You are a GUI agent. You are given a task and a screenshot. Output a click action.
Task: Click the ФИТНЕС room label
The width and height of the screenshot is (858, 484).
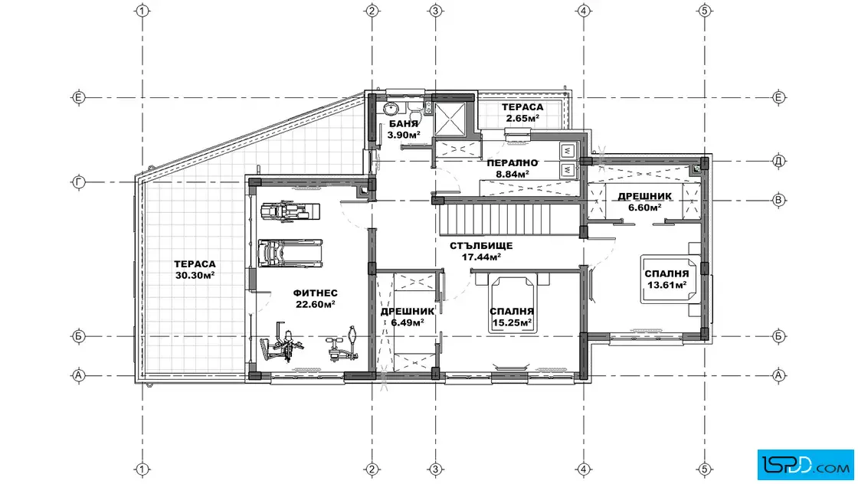click(315, 293)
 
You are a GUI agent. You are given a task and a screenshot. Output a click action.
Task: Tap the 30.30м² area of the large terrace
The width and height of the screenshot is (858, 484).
click(195, 276)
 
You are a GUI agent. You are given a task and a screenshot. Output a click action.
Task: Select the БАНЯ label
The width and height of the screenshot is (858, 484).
click(404, 123)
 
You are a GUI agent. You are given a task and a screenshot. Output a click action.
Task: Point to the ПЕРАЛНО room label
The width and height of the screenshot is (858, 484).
click(513, 163)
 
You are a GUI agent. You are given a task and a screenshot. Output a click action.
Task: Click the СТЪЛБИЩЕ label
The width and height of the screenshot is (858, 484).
click(481, 246)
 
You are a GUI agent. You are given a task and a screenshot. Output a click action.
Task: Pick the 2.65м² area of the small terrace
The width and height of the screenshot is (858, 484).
click(522, 119)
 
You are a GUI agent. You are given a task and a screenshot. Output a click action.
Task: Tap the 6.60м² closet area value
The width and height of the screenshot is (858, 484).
click(644, 208)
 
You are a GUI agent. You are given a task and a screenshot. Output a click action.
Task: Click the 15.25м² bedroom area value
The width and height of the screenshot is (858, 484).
click(513, 322)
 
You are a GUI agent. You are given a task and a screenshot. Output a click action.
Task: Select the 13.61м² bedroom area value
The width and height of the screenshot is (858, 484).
click(666, 285)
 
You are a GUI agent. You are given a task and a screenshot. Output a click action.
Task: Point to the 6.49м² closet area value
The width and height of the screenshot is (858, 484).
click(407, 322)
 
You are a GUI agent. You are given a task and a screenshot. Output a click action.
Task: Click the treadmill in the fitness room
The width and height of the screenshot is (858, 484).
click(290, 253)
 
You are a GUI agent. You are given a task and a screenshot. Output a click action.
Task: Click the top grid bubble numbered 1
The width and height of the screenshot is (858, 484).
click(142, 11)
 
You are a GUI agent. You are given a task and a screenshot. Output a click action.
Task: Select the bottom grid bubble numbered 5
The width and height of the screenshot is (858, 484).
click(705, 469)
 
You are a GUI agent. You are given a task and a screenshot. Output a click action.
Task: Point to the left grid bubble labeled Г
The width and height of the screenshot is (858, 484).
click(79, 182)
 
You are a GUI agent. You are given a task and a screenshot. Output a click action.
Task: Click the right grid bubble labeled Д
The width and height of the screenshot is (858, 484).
click(778, 161)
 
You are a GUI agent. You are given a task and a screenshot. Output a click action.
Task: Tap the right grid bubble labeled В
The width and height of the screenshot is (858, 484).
click(778, 200)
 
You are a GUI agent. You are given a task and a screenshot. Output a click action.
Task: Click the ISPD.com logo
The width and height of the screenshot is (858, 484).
click(805, 465)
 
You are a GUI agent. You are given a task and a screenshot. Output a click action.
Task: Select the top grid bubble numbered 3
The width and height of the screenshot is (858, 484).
click(436, 11)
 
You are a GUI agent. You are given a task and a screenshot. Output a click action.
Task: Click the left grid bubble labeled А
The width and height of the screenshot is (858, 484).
click(79, 375)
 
